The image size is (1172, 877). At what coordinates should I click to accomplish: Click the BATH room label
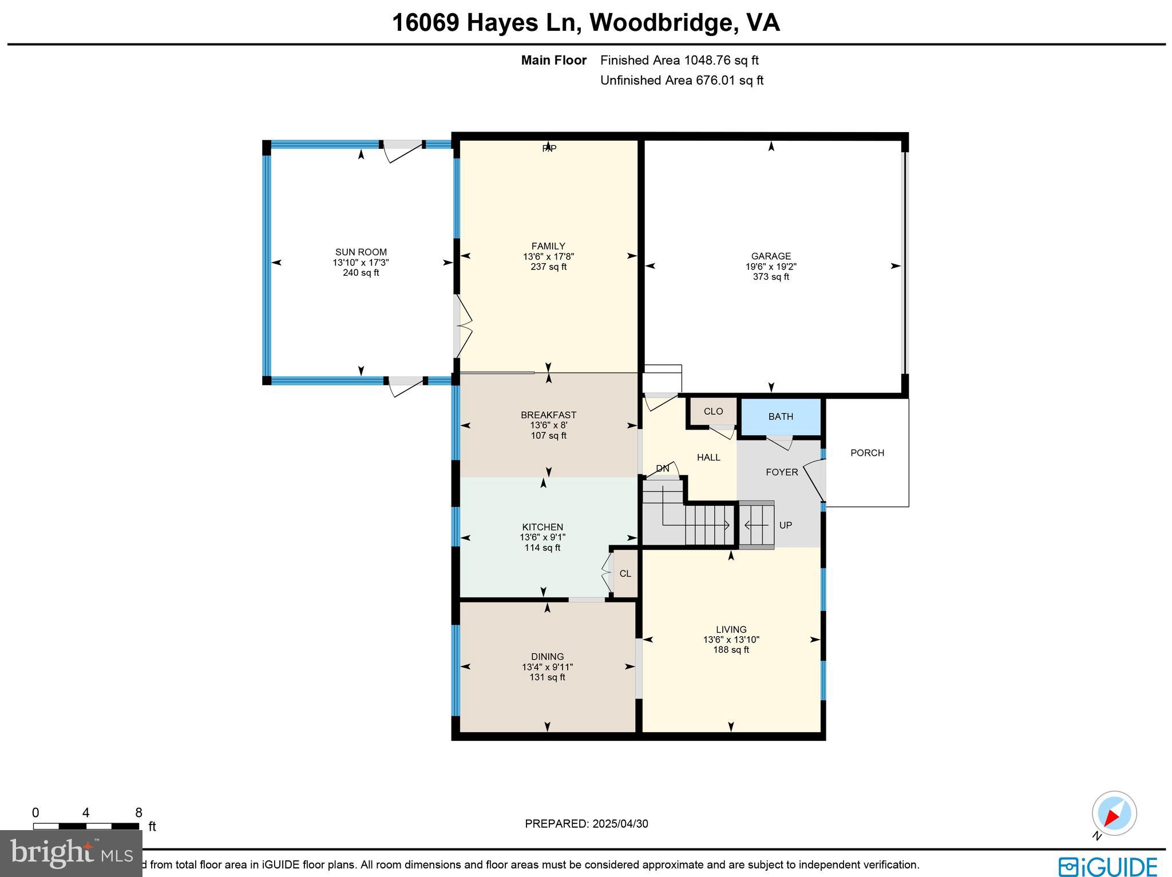point(781,416)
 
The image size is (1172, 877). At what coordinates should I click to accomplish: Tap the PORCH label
point(867,453)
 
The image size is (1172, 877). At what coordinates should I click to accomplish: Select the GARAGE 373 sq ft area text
point(771,277)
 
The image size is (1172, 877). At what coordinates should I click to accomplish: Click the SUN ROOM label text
point(361,252)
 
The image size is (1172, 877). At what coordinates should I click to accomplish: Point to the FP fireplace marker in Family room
point(549,149)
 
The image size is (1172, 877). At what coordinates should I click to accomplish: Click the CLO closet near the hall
point(713,411)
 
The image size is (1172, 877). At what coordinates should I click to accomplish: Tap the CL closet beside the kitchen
point(625,573)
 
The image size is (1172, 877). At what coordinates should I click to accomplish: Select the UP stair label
point(785,525)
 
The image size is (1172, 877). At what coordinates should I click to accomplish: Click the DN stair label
point(662,469)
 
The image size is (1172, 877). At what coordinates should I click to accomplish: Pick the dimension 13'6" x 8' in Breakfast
point(548,425)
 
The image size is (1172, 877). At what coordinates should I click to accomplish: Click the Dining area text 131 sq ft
point(547,677)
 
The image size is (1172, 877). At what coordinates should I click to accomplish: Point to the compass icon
point(1114,813)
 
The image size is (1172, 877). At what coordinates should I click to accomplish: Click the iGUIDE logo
point(1107,865)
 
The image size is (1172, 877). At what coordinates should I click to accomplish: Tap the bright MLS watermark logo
point(71,854)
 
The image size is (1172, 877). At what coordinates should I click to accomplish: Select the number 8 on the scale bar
point(138,813)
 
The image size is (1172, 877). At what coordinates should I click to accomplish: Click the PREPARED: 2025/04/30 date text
point(586,824)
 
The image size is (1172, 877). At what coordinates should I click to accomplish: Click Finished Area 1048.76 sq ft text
point(679,60)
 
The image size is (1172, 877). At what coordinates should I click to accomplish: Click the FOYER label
point(782,472)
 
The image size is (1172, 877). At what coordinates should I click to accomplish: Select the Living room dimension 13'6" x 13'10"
point(731,640)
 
